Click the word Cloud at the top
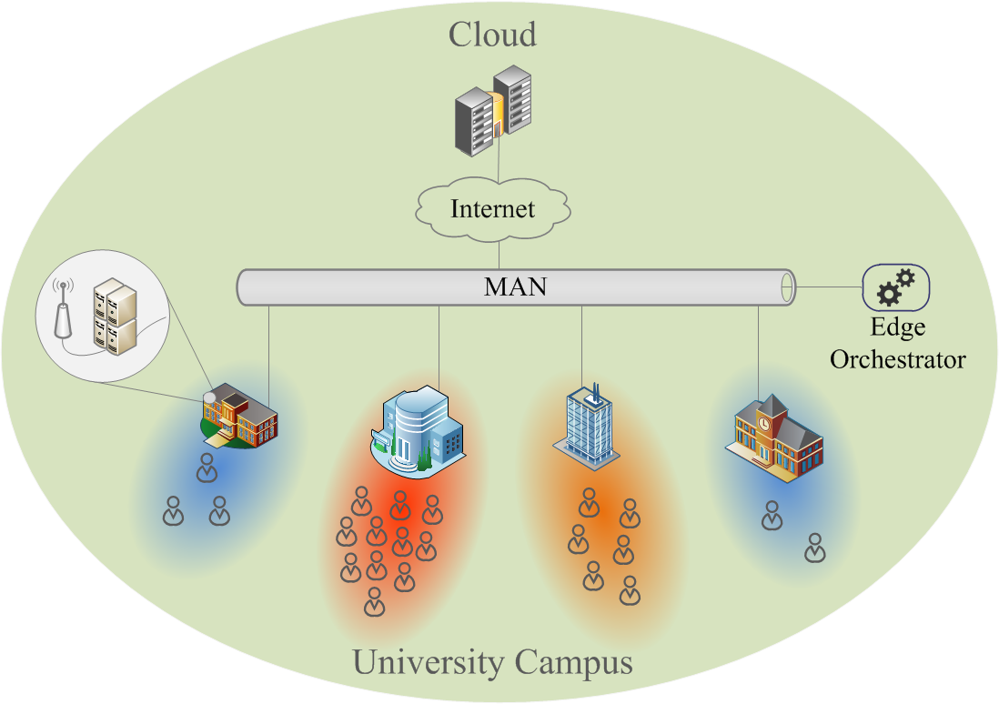coord(492,35)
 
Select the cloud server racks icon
coord(493,111)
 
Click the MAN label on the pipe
coord(515,287)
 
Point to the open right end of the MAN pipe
coord(787,287)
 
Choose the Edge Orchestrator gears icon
coord(895,287)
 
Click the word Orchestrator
coord(897,359)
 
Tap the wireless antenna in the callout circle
coord(63,310)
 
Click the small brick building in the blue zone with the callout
coord(239,419)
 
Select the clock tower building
coord(774,437)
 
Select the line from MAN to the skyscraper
coord(581,346)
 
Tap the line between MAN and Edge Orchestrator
coord(828,287)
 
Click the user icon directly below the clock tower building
coord(772,515)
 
